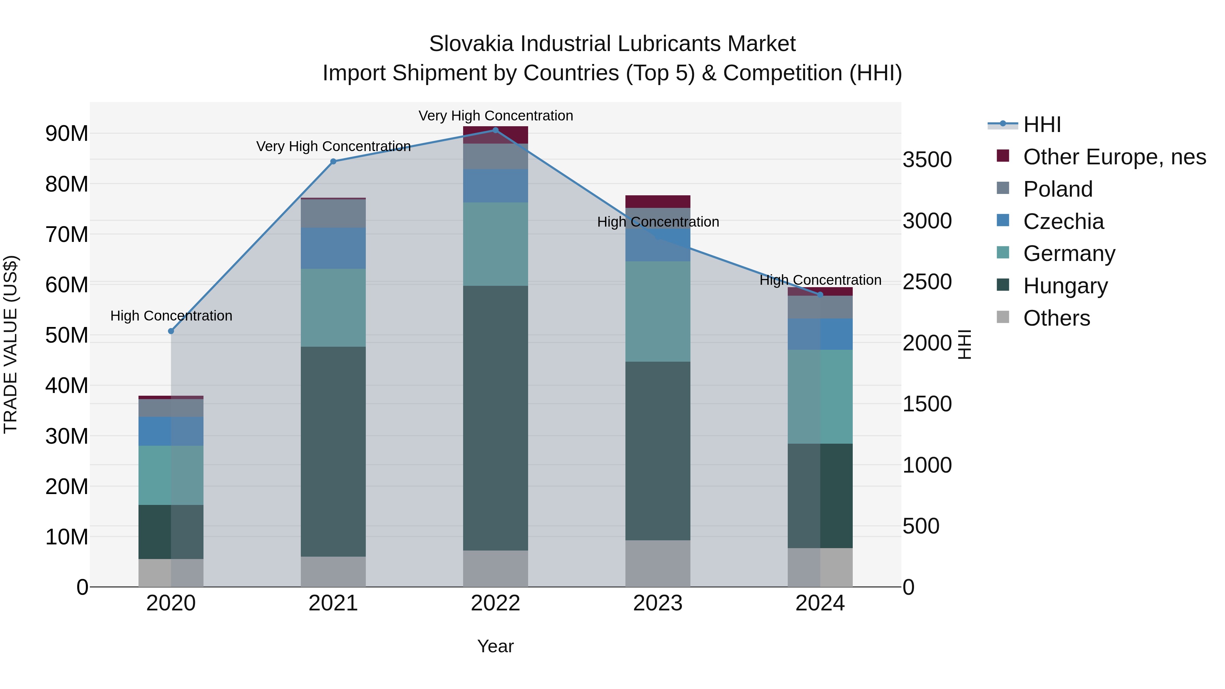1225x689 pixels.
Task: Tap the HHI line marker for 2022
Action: (495, 130)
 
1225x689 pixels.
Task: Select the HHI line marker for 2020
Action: (171, 331)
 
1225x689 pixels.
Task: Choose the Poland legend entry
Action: (1058, 189)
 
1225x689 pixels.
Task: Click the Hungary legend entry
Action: (1065, 286)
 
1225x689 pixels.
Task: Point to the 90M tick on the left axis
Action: (67, 134)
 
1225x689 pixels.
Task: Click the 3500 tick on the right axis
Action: (927, 160)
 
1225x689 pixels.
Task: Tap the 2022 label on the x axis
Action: (495, 603)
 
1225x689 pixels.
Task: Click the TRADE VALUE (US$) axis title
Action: (11, 344)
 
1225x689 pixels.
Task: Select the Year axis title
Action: (495, 646)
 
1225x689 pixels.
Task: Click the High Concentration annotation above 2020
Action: (171, 316)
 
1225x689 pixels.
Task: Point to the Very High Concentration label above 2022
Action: (495, 116)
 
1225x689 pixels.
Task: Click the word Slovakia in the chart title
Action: (471, 44)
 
